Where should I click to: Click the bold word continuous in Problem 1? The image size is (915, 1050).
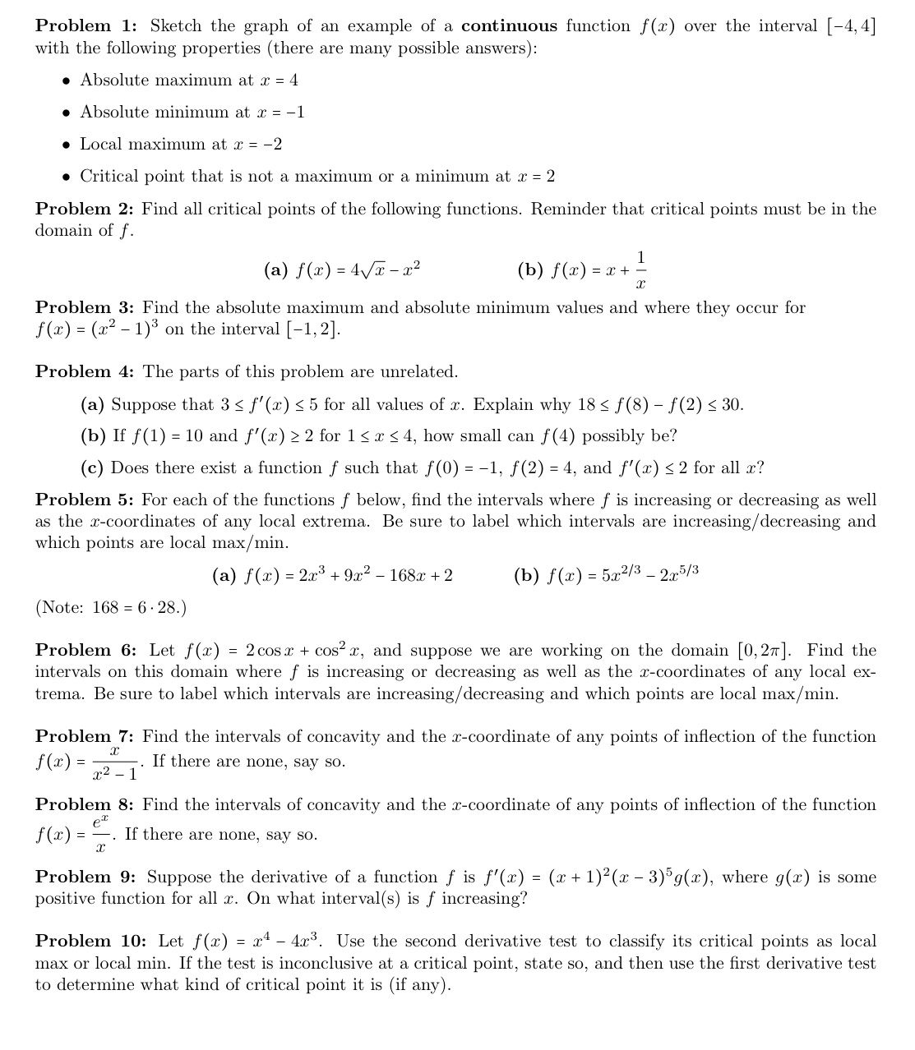(509, 26)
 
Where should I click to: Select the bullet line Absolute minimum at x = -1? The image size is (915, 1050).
(192, 113)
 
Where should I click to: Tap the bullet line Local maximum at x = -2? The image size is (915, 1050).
(181, 145)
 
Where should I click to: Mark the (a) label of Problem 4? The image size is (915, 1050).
(92, 405)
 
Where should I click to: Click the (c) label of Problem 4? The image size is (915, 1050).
(92, 468)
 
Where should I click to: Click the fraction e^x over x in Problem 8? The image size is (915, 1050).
(99, 835)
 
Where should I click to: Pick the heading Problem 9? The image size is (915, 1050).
(86, 877)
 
